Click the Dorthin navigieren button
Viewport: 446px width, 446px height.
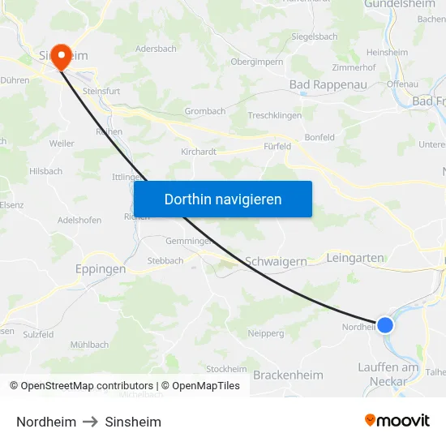click(x=222, y=199)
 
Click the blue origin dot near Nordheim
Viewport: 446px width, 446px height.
click(x=385, y=325)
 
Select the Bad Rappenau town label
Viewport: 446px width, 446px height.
click(x=328, y=84)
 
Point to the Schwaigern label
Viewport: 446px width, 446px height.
click(x=276, y=261)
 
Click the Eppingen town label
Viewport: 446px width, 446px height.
click(x=100, y=268)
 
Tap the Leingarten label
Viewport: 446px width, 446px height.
click(x=354, y=258)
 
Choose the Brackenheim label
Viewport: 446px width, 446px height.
click(x=288, y=375)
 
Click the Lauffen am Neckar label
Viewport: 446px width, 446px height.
click(x=388, y=374)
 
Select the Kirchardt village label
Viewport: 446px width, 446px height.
click(x=198, y=151)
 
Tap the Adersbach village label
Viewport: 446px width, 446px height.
click(x=157, y=49)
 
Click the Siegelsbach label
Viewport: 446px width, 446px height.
click(x=315, y=36)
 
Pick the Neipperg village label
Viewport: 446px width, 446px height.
click(x=265, y=333)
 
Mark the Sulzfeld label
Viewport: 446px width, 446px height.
click(x=38, y=334)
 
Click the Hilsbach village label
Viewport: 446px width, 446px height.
click(x=45, y=171)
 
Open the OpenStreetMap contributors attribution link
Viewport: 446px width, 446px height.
click(x=81, y=386)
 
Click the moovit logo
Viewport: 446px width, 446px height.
click(x=397, y=420)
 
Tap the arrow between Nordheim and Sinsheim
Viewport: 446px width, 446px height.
click(x=90, y=422)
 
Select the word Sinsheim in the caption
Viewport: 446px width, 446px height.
click(x=133, y=422)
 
